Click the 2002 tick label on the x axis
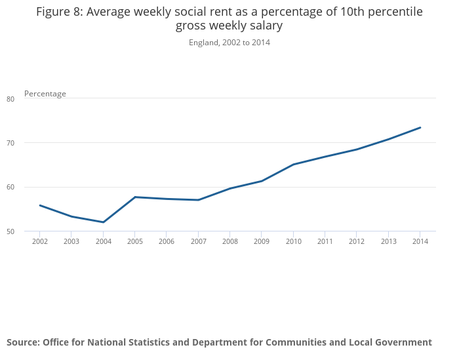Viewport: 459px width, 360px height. pos(40,241)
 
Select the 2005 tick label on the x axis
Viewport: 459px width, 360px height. pos(135,241)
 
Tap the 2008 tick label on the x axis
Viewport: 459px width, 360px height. pos(229,241)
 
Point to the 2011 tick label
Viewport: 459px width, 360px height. pos(325,241)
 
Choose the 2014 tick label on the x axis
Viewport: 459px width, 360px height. pos(420,241)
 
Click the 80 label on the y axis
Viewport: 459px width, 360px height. pos(10,99)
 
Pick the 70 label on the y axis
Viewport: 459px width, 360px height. pos(10,143)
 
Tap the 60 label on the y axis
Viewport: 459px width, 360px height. pos(10,188)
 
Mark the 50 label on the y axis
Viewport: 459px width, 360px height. pos(10,231)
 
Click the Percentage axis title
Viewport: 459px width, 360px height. pos(45,94)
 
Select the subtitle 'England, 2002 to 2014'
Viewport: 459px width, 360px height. pos(229,43)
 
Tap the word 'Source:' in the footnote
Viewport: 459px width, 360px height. pos(23,342)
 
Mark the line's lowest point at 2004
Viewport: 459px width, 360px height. pos(104,222)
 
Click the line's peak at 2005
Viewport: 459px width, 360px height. pos(135,197)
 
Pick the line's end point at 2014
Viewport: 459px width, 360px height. pos(420,127)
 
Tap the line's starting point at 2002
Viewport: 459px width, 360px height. pos(40,205)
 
